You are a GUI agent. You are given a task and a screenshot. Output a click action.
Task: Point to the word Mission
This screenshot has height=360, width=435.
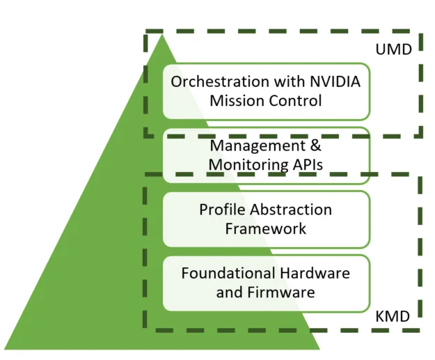[x=237, y=100]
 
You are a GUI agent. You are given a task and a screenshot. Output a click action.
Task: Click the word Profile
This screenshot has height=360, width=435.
[x=223, y=210]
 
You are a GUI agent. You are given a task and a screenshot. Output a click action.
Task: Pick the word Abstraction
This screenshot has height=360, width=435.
[x=292, y=210]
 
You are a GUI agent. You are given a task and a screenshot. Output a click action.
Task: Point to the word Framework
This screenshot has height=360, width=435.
[x=265, y=228]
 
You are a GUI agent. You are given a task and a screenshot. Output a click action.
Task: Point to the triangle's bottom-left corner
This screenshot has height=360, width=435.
[x=6, y=347]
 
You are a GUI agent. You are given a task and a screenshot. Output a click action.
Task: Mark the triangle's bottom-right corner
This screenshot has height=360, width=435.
[x=319, y=347]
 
